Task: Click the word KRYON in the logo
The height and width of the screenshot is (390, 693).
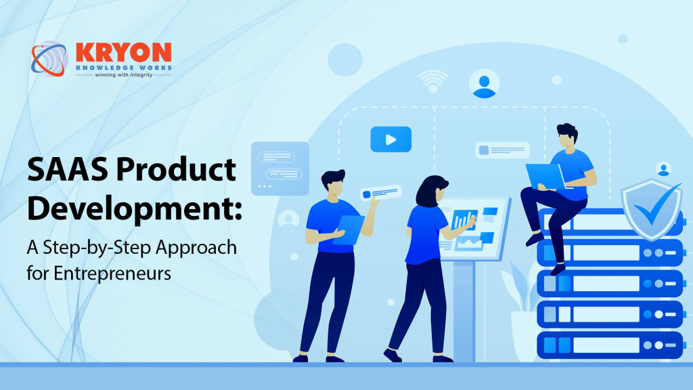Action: tap(123, 52)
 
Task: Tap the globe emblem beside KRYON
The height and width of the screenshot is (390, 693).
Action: tap(49, 59)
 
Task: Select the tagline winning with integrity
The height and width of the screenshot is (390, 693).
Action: tap(124, 74)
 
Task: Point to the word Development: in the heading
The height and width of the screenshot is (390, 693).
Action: tap(135, 209)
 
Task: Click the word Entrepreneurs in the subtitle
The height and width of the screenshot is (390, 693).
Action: tap(112, 274)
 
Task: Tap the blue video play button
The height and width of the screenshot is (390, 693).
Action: tap(390, 139)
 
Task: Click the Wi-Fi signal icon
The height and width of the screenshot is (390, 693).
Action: tap(433, 80)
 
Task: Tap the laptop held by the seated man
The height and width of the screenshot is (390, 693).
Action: tap(545, 177)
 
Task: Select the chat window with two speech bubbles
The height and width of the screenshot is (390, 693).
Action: tap(280, 169)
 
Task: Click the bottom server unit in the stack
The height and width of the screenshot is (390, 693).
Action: tap(610, 345)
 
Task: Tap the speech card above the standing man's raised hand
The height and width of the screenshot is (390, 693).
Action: tap(380, 193)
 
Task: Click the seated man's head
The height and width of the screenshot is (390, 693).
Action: tap(567, 135)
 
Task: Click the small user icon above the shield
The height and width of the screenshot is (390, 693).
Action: tap(663, 169)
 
